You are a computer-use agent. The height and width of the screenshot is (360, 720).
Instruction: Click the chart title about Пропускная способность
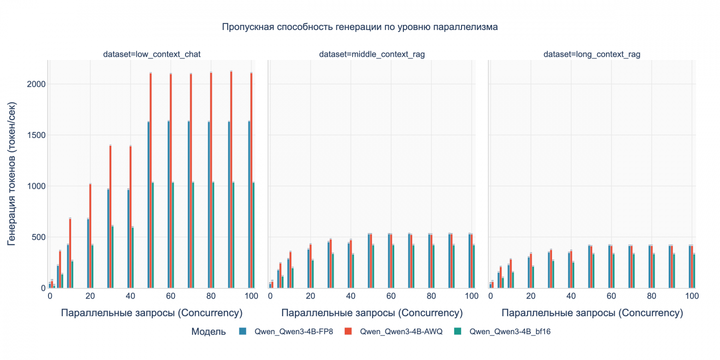tap(360, 27)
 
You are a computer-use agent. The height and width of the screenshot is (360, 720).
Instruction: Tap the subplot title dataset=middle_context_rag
tap(372, 54)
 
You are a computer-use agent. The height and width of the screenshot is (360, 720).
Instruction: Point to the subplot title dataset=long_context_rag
tap(592, 54)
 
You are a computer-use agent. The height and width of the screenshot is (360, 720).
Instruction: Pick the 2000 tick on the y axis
tap(36, 84)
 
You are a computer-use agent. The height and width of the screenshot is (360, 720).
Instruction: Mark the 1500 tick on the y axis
tap(36, 135)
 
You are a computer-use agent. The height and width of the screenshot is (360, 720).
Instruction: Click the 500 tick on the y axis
tap(37, 237)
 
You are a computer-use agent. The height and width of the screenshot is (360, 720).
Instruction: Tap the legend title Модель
tap(208, 331)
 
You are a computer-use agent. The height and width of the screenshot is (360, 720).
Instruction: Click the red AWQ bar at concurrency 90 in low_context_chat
tap(231, 180)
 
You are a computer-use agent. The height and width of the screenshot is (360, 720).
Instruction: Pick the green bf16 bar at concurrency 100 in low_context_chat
tap(253, 235)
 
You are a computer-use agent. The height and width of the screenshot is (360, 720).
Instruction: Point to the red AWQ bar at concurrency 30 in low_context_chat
tap(110, 217)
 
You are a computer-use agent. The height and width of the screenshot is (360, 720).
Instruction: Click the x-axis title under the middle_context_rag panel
tap(372, 313)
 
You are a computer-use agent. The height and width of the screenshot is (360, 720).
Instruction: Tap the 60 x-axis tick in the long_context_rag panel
tap(612, 296)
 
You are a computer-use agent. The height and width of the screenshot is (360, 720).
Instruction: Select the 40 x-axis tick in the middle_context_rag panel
tap(351, 296)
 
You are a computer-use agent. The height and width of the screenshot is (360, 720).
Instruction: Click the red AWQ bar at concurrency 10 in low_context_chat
tap(70, 253)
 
